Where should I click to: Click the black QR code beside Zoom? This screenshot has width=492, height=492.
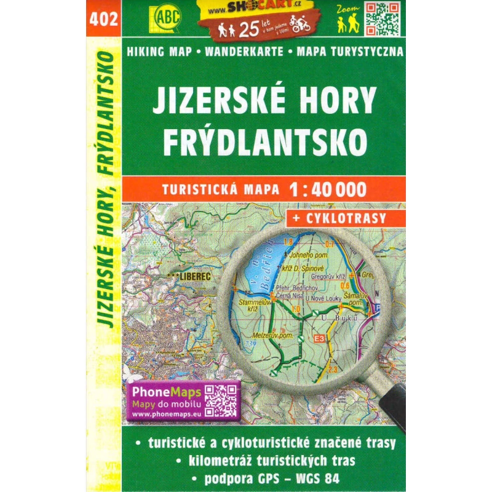coord(383,20)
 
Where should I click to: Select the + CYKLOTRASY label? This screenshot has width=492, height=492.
coord(345,217)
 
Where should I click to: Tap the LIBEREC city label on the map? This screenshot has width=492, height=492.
coord(196,277)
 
